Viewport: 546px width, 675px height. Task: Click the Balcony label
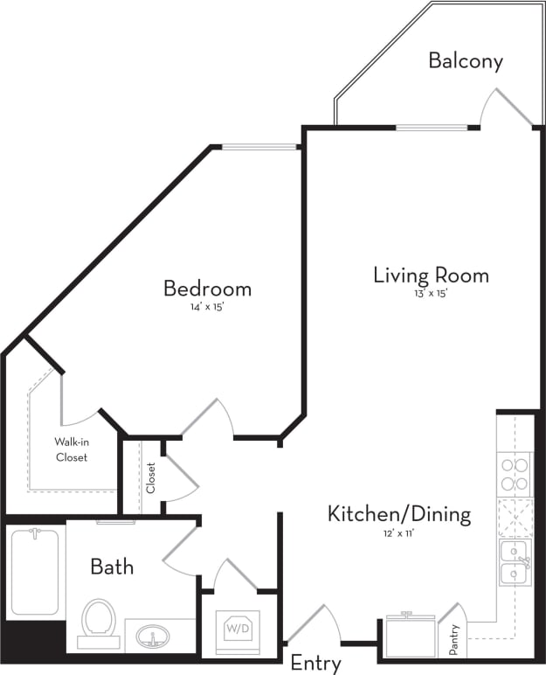[x=466, y=61]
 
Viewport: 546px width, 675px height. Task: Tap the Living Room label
[x=431, y=275]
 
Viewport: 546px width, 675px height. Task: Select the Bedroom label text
[x=208, y=288]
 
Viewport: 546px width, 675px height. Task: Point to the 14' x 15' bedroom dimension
[x=208, y=308]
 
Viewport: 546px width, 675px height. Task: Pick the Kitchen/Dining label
[x=398, y=513]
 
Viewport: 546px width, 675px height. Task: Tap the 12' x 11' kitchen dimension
[x=398, y=532]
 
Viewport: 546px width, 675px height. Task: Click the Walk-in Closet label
[x=72, y=449]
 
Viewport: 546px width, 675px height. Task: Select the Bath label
[x=112, y=567]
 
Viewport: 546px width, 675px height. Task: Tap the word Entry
[x=315, y=663]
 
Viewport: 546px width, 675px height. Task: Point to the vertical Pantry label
[x=453, y=639]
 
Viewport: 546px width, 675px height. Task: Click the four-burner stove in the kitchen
[x=515, y=474]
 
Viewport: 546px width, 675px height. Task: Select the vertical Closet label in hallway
[x=150, y=477]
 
